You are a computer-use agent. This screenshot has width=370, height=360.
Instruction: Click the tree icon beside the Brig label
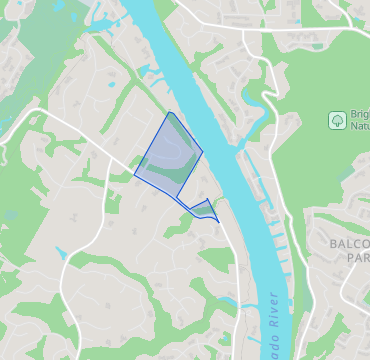tap(338, 120)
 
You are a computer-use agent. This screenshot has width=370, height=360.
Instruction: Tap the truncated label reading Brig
tap(358, 114)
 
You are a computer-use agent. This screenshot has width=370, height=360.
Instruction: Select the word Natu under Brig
tap(358, 127)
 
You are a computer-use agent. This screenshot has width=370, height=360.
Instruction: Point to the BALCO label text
tap(349, 244)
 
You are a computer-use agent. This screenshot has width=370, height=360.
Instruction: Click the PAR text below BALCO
tap(357, 258)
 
